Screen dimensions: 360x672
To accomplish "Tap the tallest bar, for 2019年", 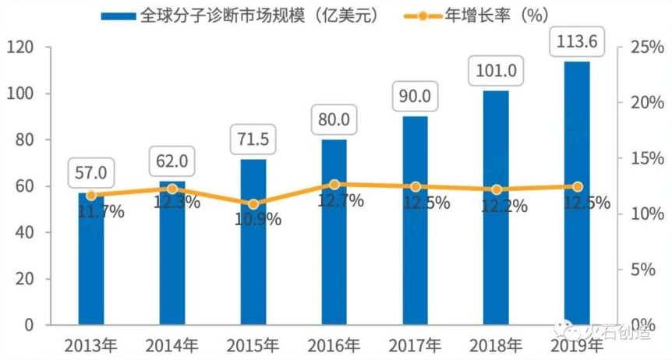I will [578, 195].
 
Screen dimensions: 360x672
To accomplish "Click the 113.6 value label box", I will [577, 44].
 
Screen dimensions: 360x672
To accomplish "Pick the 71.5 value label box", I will [253, 140].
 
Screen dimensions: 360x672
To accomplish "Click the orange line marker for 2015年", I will [253, 204].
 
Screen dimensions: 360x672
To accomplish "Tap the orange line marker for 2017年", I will [416, 187].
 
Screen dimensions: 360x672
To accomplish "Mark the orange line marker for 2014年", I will [172, 189].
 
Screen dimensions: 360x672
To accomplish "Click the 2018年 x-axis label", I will [496, 344].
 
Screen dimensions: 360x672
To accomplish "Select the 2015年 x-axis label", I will [253, 344].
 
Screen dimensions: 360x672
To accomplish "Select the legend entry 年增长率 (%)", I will [468, 16].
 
